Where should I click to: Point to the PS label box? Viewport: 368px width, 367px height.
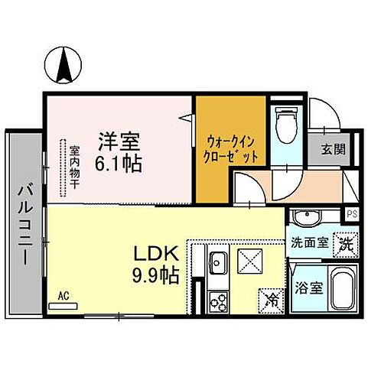point(351,214)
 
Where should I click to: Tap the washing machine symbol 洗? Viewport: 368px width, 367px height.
point(345,245)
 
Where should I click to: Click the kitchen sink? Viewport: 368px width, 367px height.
point(217,264)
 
